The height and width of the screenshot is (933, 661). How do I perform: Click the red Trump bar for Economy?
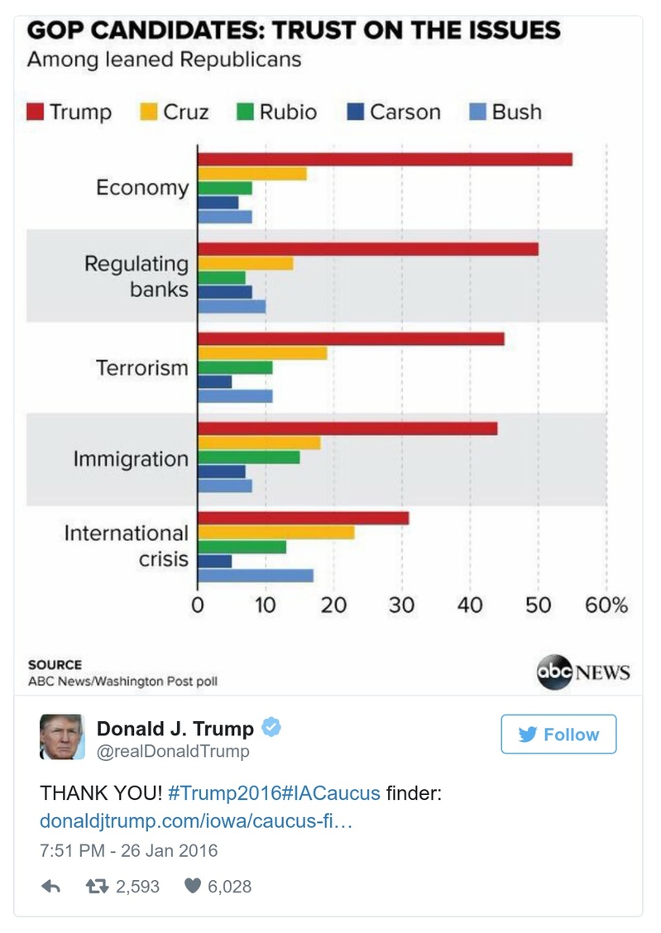point(385,160)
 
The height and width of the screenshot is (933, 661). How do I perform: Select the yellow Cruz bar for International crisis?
point(276,533)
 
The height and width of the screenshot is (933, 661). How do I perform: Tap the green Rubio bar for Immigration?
point(249,457)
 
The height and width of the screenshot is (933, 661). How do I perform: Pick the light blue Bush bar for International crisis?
point(256,576)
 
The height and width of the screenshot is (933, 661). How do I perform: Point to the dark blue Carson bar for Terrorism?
point(214,381)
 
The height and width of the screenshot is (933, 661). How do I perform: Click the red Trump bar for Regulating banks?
point(368,249)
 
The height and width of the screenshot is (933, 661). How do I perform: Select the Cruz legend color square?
point(148,112)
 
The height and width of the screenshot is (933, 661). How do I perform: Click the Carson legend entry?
point(395,112)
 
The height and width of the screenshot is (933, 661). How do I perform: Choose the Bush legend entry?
point(505,112)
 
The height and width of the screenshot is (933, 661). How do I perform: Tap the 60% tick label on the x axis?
point(606,605)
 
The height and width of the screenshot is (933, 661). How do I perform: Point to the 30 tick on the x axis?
point(402,605)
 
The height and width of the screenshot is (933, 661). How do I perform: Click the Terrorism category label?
point(142,367)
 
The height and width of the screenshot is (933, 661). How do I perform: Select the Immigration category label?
point(131,458)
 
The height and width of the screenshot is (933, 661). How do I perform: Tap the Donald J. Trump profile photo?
point(62,736)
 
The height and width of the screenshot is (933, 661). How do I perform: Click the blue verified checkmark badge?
point(271,728)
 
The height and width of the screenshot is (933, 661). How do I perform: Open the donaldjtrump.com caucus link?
point(197,822)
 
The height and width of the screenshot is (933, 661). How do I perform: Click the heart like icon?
point(192,886)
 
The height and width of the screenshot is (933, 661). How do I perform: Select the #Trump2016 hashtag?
point(223,793)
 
